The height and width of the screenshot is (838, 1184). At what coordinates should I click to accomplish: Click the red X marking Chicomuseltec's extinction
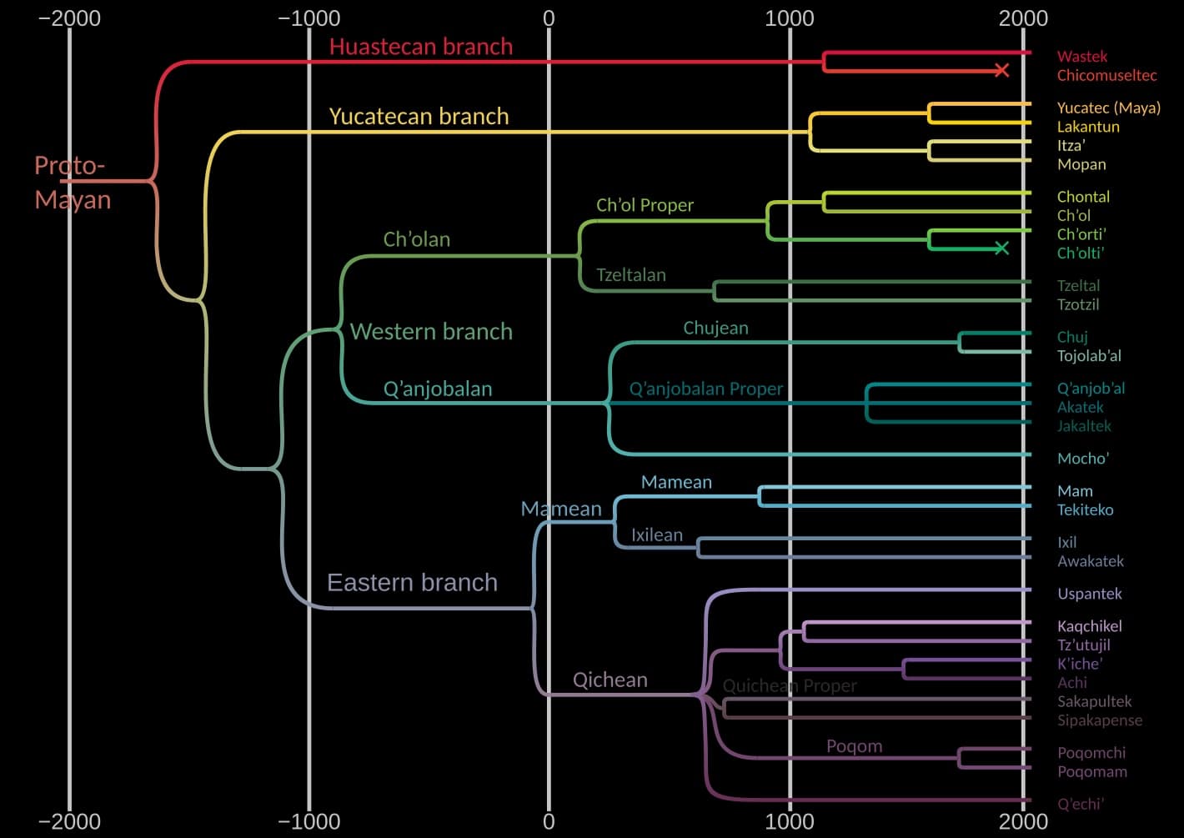tap(1002, 71)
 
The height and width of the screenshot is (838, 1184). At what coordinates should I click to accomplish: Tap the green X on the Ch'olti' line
tap(1002, 248)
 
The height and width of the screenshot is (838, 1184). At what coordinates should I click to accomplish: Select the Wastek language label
tap(1081, 57)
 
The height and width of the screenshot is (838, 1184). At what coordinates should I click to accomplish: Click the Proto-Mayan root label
tap(72, 183)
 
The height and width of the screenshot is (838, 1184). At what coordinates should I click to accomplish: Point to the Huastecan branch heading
tap(420, 47)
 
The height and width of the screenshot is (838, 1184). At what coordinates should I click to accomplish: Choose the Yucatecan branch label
tap(419, 116)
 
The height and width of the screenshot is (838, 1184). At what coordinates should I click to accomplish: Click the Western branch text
tap(431, 331)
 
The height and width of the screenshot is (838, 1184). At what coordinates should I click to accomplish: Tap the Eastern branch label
tap(412, 582)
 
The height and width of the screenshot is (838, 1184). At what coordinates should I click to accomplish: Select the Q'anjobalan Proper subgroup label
tap(705, 389)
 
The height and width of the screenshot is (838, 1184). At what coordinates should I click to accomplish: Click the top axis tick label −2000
tap(69, 18)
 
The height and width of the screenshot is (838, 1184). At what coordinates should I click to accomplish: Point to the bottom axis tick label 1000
tap(789, 821)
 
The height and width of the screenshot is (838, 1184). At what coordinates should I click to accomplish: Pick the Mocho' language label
tap(1082, 458)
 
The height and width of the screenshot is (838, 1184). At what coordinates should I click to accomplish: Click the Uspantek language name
tap(1089, 594)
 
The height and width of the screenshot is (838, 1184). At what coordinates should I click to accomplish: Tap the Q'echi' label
tap(1080, 804)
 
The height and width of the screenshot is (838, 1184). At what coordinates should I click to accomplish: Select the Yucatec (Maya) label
tap(1108, 108)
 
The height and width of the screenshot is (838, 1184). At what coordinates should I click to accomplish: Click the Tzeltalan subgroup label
tap(630, 275)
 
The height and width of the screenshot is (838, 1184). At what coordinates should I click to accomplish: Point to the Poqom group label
tap(854, 746)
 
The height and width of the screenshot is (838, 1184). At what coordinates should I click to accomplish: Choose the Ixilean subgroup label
tap(656, 535)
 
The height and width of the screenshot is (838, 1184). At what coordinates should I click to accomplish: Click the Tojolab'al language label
tap(1088, 356)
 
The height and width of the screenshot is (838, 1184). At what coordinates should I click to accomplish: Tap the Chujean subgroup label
tap(715, 328)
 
